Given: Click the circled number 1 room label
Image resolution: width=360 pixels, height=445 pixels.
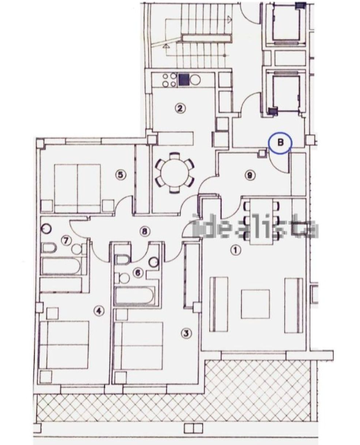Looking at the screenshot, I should [234, 250].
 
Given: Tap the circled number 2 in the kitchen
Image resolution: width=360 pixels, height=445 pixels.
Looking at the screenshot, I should [180, 108].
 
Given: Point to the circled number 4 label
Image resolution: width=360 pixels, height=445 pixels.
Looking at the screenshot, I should [99, 311].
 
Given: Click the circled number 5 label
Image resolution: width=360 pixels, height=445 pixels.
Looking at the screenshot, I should [120, 175].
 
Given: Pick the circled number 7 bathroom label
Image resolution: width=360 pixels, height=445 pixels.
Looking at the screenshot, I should [67, 241].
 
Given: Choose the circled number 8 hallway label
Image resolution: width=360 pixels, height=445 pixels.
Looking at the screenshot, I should [144, 232].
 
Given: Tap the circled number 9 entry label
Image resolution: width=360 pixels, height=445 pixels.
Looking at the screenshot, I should [249, 175].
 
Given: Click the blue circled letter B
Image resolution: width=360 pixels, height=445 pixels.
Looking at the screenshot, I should [280, 143].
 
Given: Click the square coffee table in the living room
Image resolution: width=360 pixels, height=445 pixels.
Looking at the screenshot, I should [255, 303].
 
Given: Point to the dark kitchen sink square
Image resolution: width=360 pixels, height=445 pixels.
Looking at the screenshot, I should [184, 79].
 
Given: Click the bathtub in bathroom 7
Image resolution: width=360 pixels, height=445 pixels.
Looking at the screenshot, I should [63, 266].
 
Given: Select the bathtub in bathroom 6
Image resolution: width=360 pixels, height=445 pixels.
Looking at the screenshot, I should [138, 296].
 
